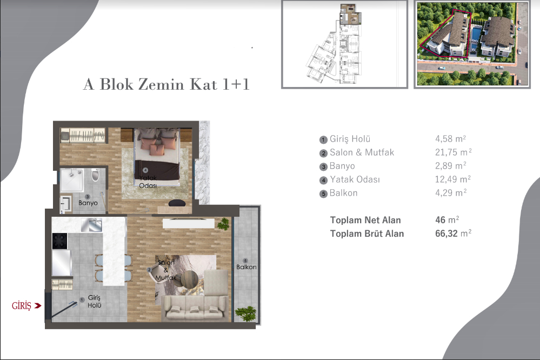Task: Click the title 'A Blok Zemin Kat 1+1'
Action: (166, 84)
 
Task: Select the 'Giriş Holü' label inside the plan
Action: (95, 302)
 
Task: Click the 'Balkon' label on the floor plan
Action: (246, 267)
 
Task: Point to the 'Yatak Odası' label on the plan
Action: (148, 182)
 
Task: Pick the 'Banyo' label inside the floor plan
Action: (88, 203)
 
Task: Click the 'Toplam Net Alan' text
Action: (365, 220)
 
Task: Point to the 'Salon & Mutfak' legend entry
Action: (362, 152)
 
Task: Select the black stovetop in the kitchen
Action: (59, 241)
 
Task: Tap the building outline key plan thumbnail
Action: (344, 43)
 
